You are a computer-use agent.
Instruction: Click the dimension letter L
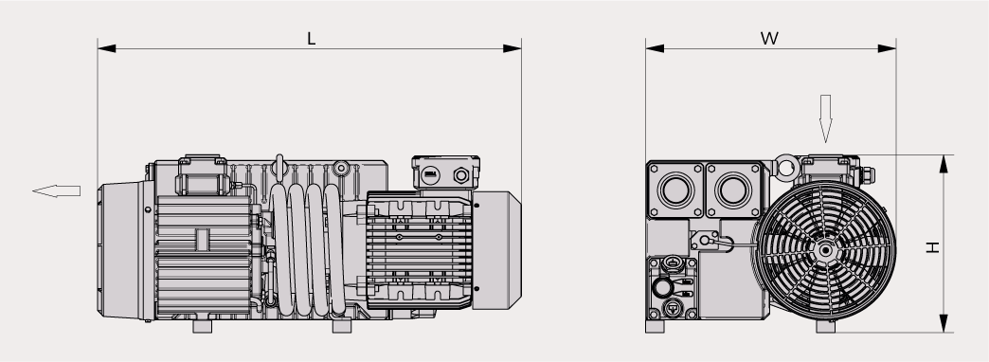pyautogui.click(x=311, y=39)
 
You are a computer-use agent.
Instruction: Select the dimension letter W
pyautogui.click(x=769, y=39)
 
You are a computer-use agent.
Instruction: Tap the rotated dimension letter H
pyautogui.click(x=932, y=247)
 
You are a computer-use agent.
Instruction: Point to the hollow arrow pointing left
pyautogui.click(x=57, y=191)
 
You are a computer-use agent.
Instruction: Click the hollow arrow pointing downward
pyautogui.click(x=825, y=118)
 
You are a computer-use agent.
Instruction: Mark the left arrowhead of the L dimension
pyautogui.click(x=107, y=48)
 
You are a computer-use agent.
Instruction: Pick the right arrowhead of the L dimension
pyautogui.click(x=512, y=48)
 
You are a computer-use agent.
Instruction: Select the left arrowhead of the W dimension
pyautogui.click(x=655, y=48)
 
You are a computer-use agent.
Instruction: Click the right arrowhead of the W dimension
pyautogui.click(x=887, y=48)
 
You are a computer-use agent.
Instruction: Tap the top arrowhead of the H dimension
pyautogui.click(x=944, y=164)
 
